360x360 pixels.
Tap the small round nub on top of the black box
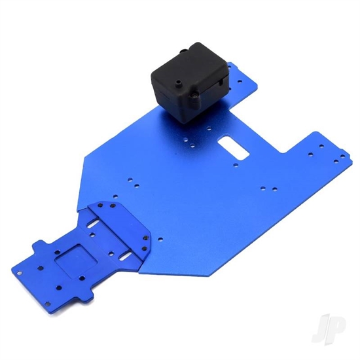tap(177, 82)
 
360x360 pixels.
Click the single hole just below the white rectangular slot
tap(236, 164)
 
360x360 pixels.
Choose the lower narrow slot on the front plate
tap(126, 255)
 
